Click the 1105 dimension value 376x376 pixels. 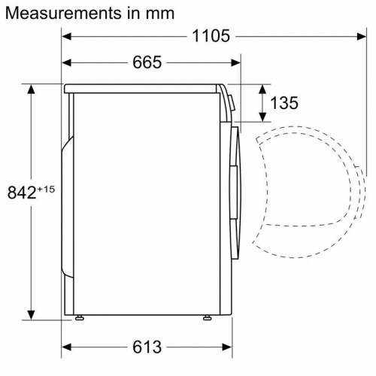click(x=211, y=35)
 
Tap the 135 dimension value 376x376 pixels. click(x=284, y=102)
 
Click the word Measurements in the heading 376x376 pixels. click(x=56, y=13)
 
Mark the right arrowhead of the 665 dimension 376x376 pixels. click(x=236, y=62)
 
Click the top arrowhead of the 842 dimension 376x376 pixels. click(x=32, y=88)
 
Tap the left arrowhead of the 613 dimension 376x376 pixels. click(x=66, y=347)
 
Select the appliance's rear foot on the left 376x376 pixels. click(x=79, y=317)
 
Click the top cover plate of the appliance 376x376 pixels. click(x=143, y=88)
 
